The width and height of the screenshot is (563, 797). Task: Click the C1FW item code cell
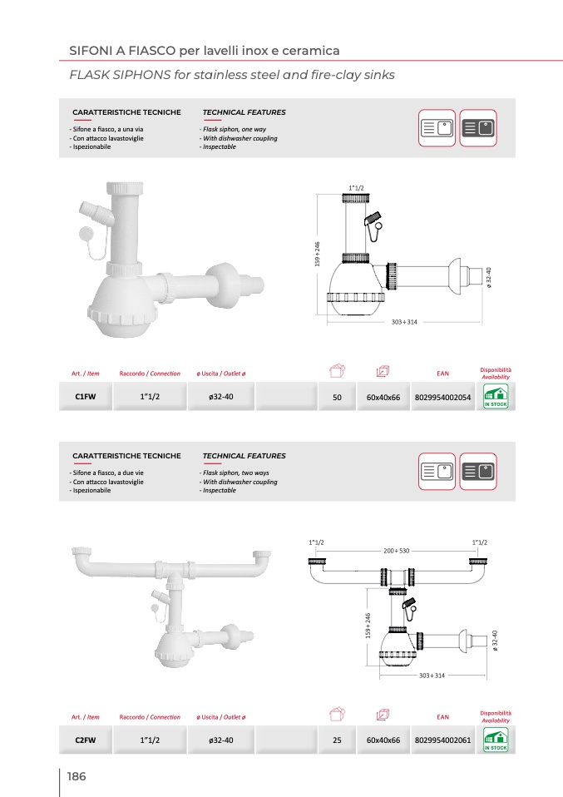[86, 397]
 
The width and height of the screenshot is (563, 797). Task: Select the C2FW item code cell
[86, 740]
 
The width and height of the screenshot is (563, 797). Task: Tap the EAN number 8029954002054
[442, 398]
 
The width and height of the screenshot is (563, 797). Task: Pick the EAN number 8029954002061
[442, 740]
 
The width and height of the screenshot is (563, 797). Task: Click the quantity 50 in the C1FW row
[337, 398]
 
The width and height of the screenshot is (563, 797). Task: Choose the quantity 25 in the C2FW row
[337, 740]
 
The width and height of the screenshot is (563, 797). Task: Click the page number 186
[77, 776]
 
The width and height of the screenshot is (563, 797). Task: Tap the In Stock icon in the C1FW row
[496, 397]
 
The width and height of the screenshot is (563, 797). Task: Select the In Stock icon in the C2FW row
[496, 740]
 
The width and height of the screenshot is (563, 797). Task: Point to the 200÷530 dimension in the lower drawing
[397, 551]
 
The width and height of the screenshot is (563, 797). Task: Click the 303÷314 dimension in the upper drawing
[404, 322]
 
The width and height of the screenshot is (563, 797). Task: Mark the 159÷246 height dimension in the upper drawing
[318, 254]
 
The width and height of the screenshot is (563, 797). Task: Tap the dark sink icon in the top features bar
[478, 128]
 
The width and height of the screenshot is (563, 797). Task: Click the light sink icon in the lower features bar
[437, 472]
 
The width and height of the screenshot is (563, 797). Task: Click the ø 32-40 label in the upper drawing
[489, 278]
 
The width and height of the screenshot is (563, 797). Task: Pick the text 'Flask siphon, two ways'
[236, 473]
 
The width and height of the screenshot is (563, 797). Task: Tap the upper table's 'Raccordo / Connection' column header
[150, 374]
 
